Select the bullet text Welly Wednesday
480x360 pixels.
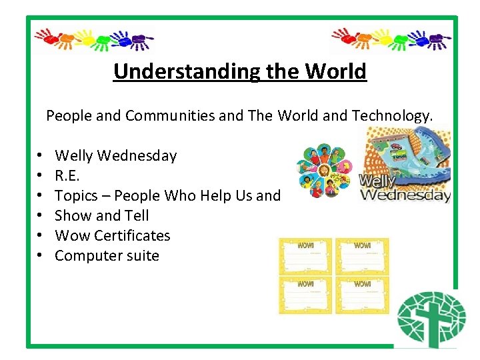pyautogui.click(x=115, y=156)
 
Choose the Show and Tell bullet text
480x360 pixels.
pyautogui.click(x=101, y=216)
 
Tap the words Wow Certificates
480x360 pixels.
pyautogui.click(x=112, y=236)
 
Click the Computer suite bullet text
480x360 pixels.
pyautogui.click(x=107, y=256)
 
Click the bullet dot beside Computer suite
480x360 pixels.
pyautogui.click(x=41, y=257)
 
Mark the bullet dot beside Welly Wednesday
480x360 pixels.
pyautogui.click(x=41, y=157)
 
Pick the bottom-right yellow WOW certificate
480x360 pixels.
pyautogui.click(x=361, y=295)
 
